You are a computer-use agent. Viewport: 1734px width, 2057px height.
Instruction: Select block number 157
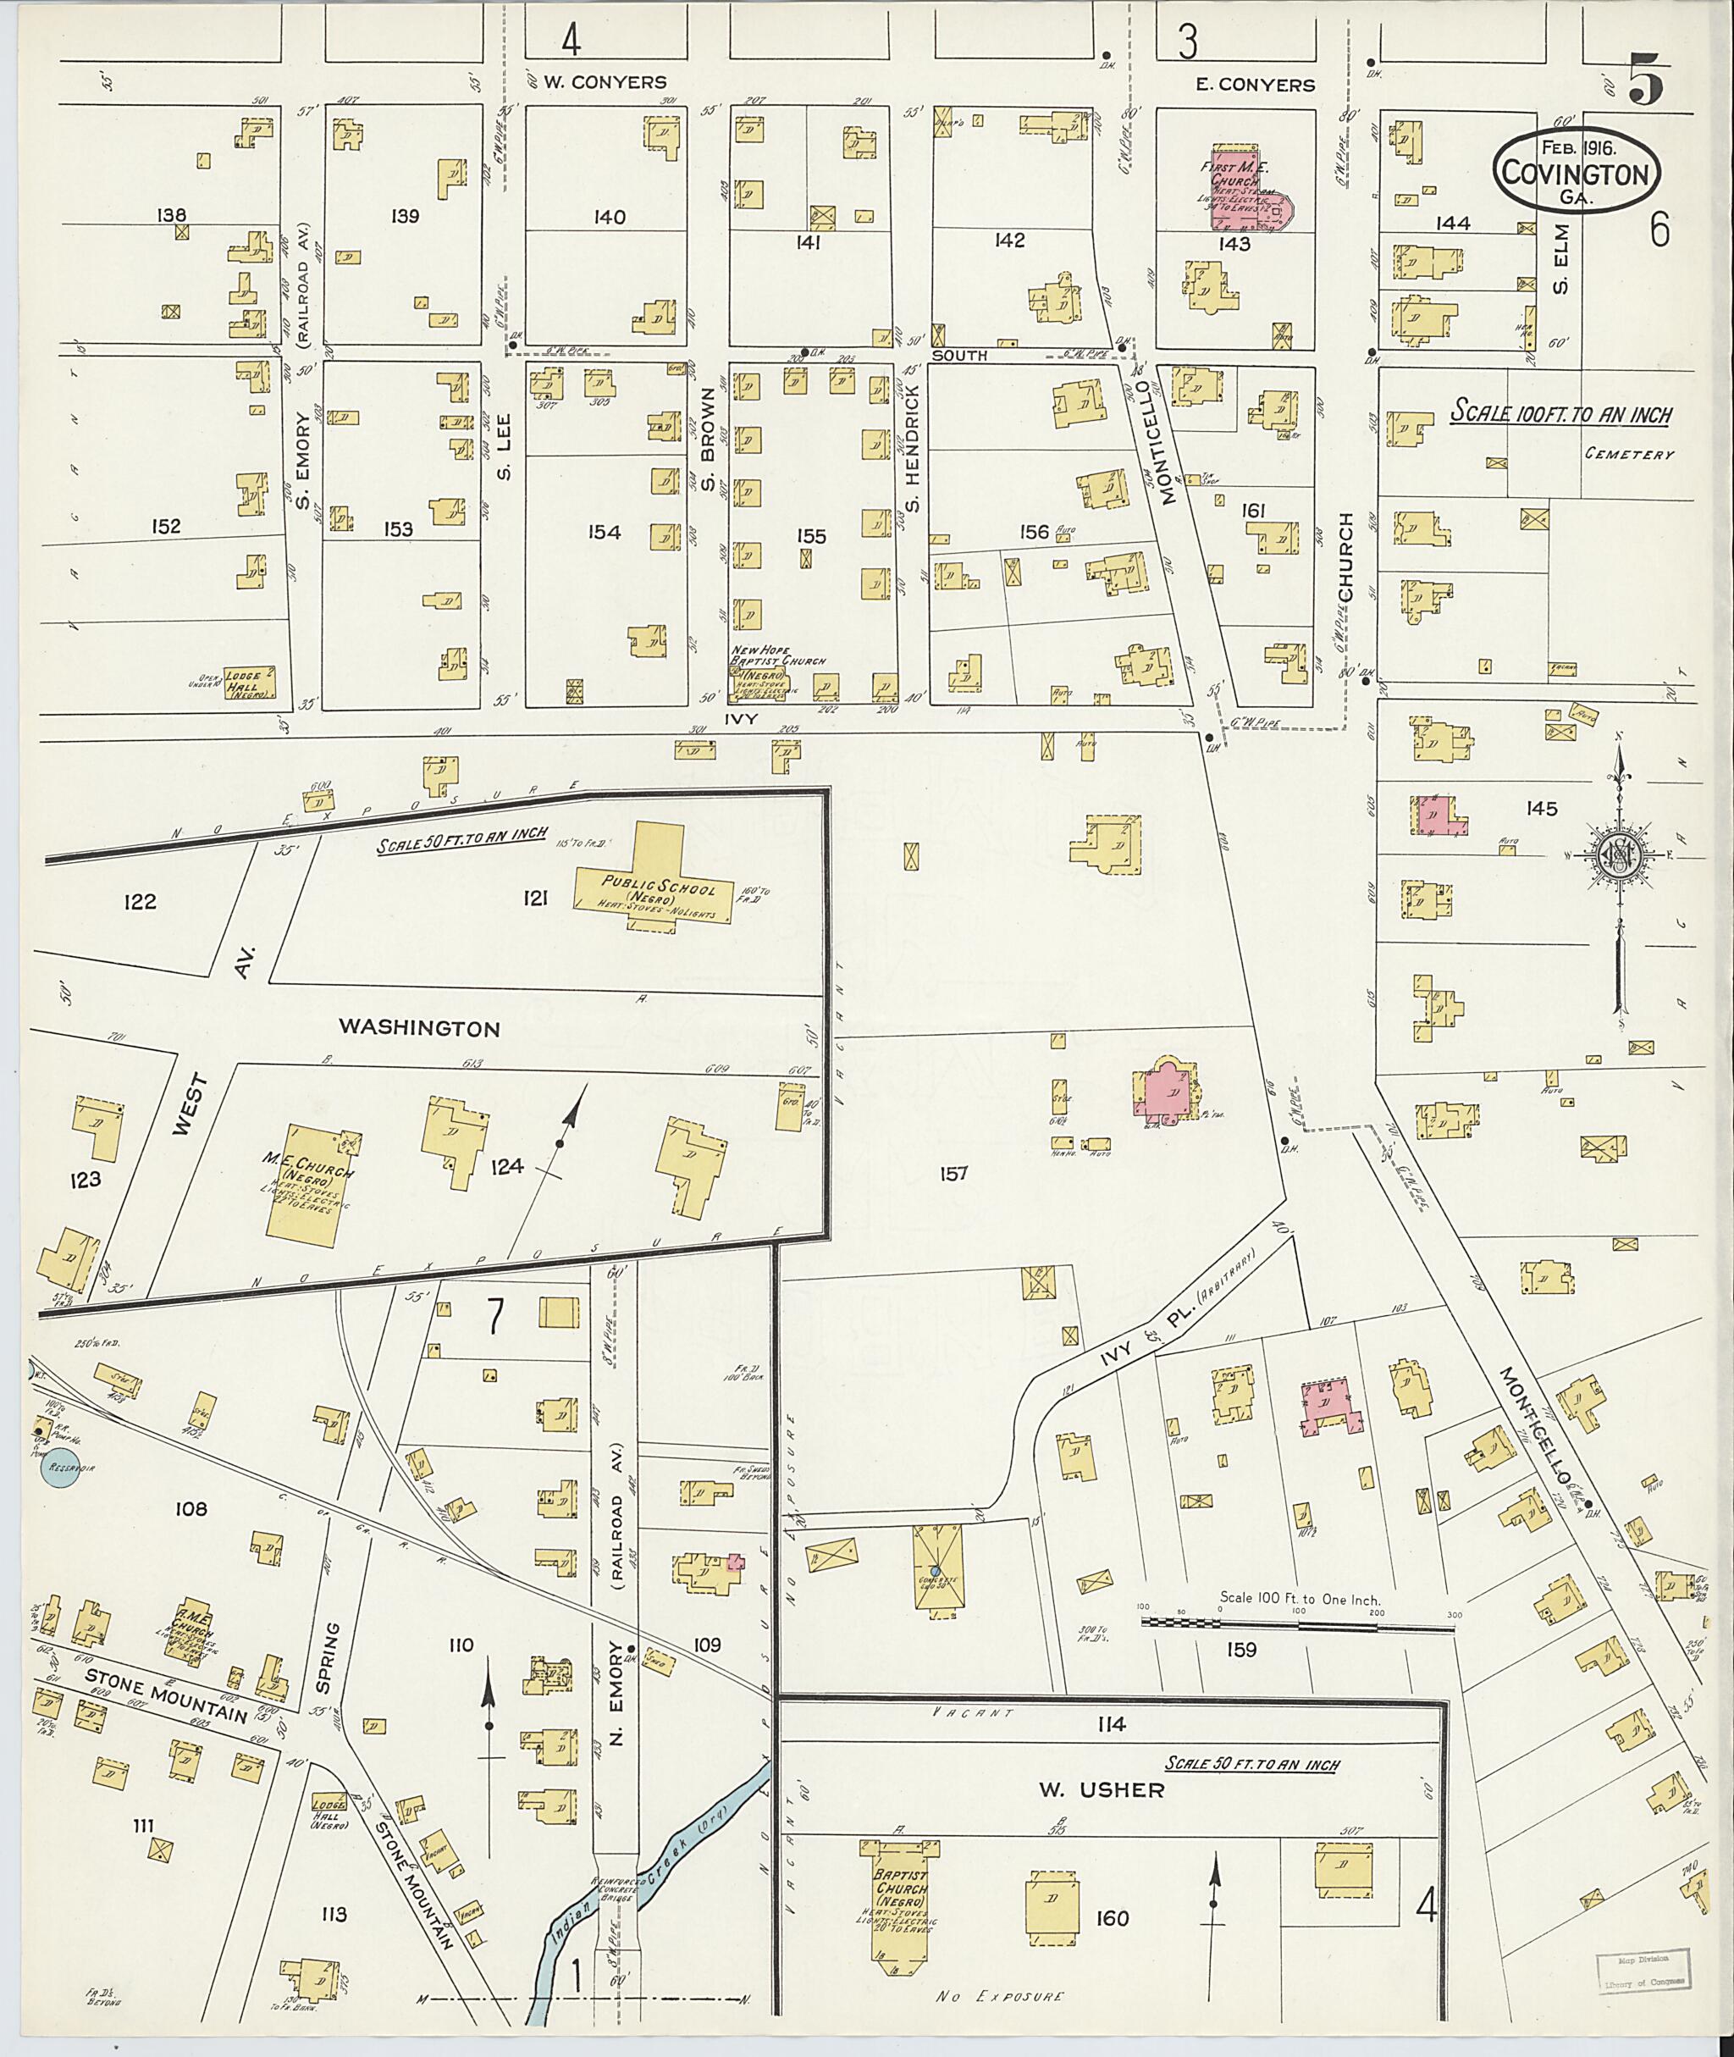[953, 1173]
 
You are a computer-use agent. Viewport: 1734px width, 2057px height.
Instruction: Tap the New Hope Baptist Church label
[776, 655]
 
